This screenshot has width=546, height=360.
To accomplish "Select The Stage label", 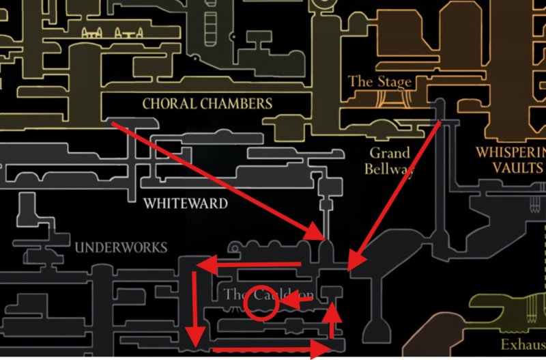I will pos(379,81).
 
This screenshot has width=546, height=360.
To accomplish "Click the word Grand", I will pos(390,153).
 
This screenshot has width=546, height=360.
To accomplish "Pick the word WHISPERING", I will pos(511,152).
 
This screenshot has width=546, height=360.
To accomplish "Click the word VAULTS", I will pos(511,167).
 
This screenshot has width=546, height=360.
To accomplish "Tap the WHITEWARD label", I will pos(186,204).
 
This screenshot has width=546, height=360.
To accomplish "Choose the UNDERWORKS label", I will pos(121,247).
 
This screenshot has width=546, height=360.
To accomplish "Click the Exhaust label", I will pos(523,344).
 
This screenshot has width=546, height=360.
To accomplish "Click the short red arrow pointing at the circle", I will pos(297,300).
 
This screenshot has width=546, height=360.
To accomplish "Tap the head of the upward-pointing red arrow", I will pos(332,312).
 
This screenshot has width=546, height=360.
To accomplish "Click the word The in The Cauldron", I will pos(233,295).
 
